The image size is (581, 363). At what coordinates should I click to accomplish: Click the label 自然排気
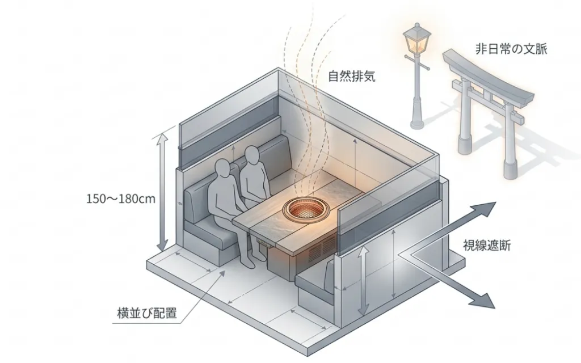(352, 76)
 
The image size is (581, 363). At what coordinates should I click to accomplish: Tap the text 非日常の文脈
(511, 49)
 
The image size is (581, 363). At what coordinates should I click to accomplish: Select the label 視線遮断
(487, 245)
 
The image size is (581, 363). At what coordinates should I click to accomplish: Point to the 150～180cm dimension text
(121, 199)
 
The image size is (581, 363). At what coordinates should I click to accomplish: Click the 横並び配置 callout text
(147, 313)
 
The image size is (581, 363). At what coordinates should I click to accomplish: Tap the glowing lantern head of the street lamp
(418, 39)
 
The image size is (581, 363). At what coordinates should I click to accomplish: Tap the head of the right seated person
(252, 155)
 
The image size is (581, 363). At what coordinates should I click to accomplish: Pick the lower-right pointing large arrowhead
(483, 299)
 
